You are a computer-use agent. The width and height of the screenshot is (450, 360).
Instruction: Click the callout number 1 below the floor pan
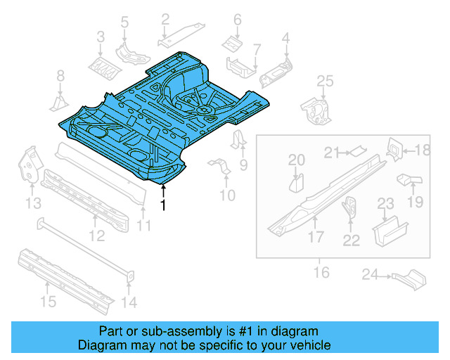[163, 205]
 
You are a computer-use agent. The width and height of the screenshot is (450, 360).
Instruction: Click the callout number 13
[33, 204]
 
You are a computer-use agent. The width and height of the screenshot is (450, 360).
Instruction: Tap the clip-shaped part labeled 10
[219, 168]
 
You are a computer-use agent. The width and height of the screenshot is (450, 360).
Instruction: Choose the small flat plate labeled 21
[358, 149]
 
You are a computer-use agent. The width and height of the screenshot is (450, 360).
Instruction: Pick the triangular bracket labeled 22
[349, 210]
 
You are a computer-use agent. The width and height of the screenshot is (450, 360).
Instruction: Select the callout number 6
[237, 20]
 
